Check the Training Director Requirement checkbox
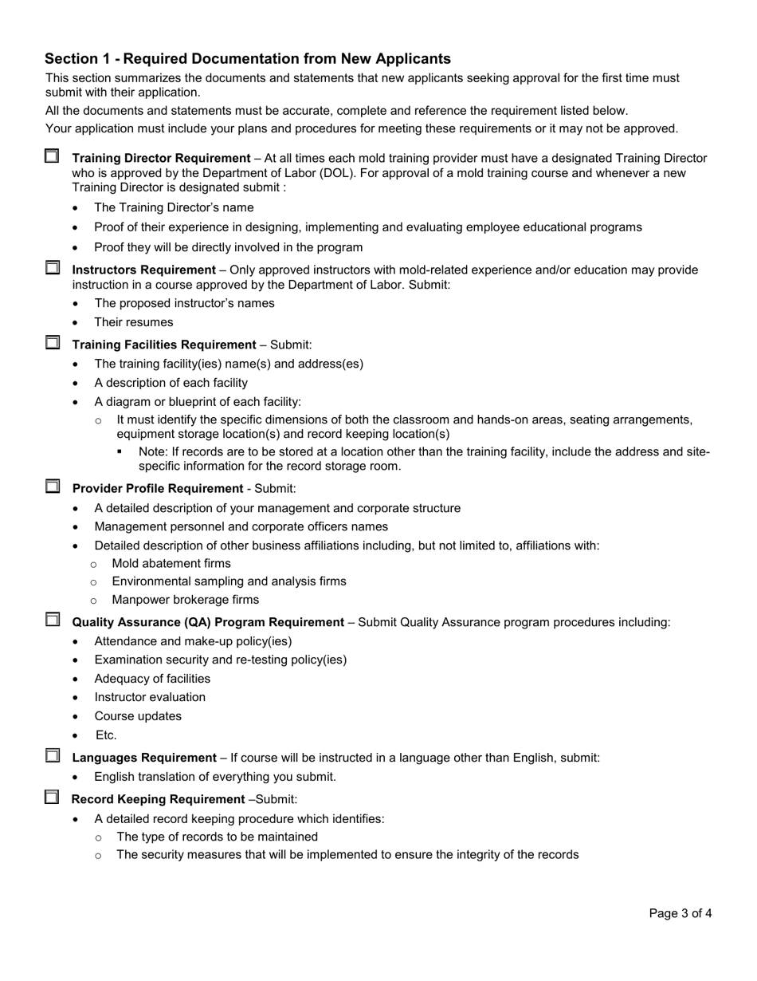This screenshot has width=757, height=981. [52, 156]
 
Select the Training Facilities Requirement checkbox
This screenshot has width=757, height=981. [52, 343]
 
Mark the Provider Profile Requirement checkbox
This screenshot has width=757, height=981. [52, 486]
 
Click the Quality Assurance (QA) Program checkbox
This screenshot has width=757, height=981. [52, 620]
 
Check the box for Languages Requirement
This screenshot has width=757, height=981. [52, 755]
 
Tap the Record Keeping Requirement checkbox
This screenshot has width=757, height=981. [52, 797]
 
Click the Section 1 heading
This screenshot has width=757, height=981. [248, 58]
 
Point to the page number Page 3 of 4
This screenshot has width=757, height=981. [680, 914]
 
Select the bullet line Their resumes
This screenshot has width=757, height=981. [133, 322]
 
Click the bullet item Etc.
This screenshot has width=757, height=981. [105, 735]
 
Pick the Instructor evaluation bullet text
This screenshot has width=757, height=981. [150, 697]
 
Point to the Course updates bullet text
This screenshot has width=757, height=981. [138, 716]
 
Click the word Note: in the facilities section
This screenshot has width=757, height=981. [155, 451]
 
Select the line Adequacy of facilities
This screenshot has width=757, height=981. [152, 679]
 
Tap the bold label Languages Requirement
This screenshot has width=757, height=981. [144, 758]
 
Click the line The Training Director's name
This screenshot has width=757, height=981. [174, 207]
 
